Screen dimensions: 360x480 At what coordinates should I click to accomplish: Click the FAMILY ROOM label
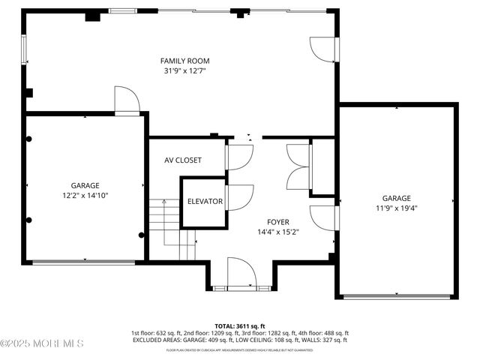[184, 61]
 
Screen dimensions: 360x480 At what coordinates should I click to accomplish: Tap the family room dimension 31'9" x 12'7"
[184, 70]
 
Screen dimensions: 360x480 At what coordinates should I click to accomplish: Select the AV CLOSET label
[183, 160]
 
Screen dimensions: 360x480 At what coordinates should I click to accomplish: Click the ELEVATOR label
[205, 202]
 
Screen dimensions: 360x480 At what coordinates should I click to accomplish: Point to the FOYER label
[278, 222]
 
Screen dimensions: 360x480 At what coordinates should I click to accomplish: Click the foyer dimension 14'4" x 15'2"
[278, 232]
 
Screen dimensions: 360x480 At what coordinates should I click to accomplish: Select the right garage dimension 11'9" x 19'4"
[395, 208]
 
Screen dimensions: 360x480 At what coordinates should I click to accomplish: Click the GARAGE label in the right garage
[395, 198]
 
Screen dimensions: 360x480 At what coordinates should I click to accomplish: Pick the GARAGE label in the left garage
[85, 184]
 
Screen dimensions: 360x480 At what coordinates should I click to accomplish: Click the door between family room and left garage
[125, 100]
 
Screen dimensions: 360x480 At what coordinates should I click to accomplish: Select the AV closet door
[238, 155]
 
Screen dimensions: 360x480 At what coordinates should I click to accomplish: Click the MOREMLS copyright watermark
[42, 343]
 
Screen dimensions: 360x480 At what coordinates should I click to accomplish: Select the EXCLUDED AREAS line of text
[240, 340]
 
